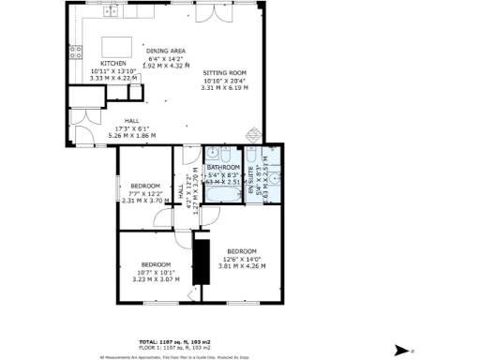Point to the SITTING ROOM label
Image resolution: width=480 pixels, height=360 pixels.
224,72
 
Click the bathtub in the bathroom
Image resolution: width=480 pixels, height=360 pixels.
224,194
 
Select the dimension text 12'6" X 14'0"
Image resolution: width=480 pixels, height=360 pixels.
243,259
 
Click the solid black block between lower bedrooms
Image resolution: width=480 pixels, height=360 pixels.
198,262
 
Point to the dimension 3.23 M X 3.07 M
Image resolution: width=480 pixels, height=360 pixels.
155,278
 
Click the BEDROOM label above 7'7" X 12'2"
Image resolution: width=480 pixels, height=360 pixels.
145,185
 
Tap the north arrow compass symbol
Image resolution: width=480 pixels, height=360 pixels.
400,348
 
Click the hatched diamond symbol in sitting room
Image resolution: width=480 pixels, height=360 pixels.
188,65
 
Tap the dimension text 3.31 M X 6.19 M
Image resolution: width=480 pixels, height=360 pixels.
224,86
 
